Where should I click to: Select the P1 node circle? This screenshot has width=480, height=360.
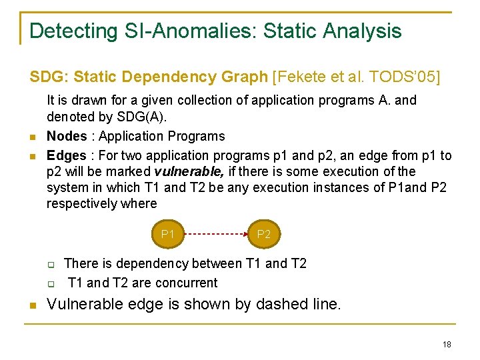coord(168,234)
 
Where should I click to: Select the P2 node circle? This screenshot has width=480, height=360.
coord(264,234)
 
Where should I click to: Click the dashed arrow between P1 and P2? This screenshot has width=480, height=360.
coord(216,234)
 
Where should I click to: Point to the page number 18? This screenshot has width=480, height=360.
coord(446,344)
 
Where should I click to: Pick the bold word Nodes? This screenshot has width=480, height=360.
coord(67,137)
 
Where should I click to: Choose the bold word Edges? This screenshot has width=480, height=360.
coord(66,155)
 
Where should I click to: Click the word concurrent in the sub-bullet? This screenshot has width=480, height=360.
coord(185,283)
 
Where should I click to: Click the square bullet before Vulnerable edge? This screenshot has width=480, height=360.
coord(32,306)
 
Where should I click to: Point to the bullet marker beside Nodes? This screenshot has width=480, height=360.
coord(32,137)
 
